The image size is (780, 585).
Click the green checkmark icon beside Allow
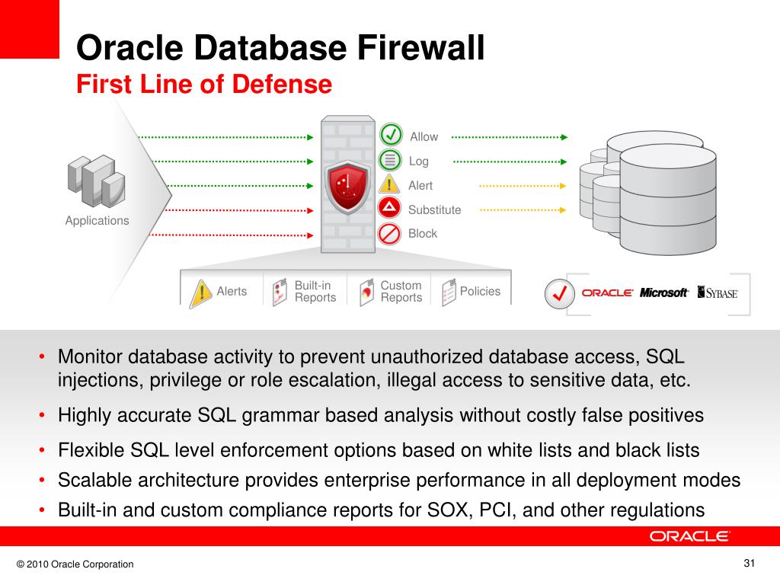[391, 135]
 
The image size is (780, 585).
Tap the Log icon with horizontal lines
[391, 160]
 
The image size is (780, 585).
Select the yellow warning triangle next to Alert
[391, 184]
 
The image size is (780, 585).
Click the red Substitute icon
[391, 208]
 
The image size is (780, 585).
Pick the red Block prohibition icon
[391, 233]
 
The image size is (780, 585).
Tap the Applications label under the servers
[97, 221]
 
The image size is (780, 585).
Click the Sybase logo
[718, 292]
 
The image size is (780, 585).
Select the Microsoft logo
[664, 292]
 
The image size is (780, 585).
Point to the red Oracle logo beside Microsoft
[607, 292]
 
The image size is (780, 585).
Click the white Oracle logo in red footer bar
[689, 536]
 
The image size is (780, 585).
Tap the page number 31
[748, 564]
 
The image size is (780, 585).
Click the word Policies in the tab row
[480, 291]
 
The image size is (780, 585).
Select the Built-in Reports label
[315, 292]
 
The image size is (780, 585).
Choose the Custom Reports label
[401, 292]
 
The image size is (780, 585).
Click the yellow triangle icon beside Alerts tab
[200, 293]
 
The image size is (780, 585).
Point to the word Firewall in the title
[421, 49]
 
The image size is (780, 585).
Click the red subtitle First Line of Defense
[204, 84]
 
